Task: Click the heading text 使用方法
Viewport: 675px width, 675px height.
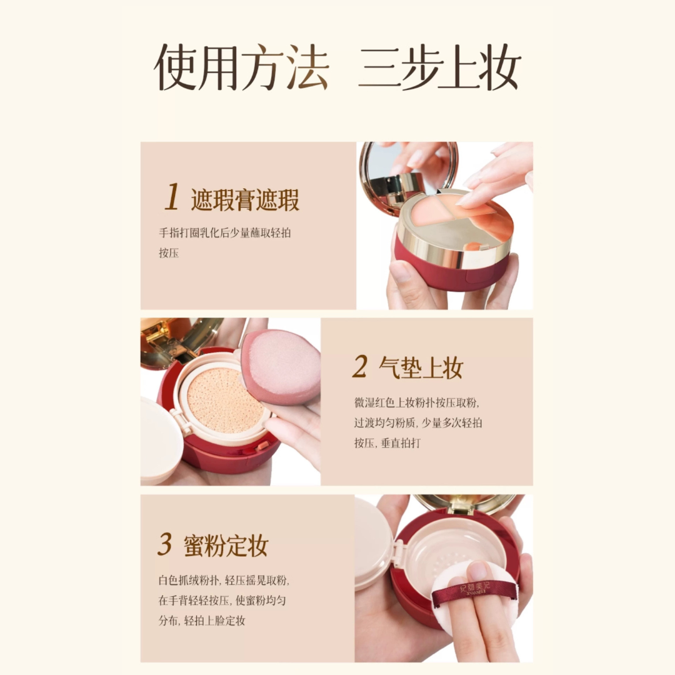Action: pyautogui.click(x=241, y=67)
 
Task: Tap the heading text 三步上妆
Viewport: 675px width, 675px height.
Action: pyautogui.click(x=439, y=67)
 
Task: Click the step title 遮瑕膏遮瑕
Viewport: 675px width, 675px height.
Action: pyautogui.click(x=245, y=200)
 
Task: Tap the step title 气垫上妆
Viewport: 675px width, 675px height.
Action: pyautogui.click(x=421, y=369)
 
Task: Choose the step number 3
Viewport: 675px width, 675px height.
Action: pyautogui.click(x=164, y=545)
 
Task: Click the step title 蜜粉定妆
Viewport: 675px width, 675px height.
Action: pyautogui.click(x=226, y=546)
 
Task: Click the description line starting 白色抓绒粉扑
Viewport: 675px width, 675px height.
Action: pyautogui.click(x=223, y=580)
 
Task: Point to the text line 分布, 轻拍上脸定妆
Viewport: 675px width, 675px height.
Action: pyautogui.click(x=201, y=621)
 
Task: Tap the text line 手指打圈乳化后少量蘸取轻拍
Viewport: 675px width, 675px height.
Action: pyautogui.click(x=225, y=233)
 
